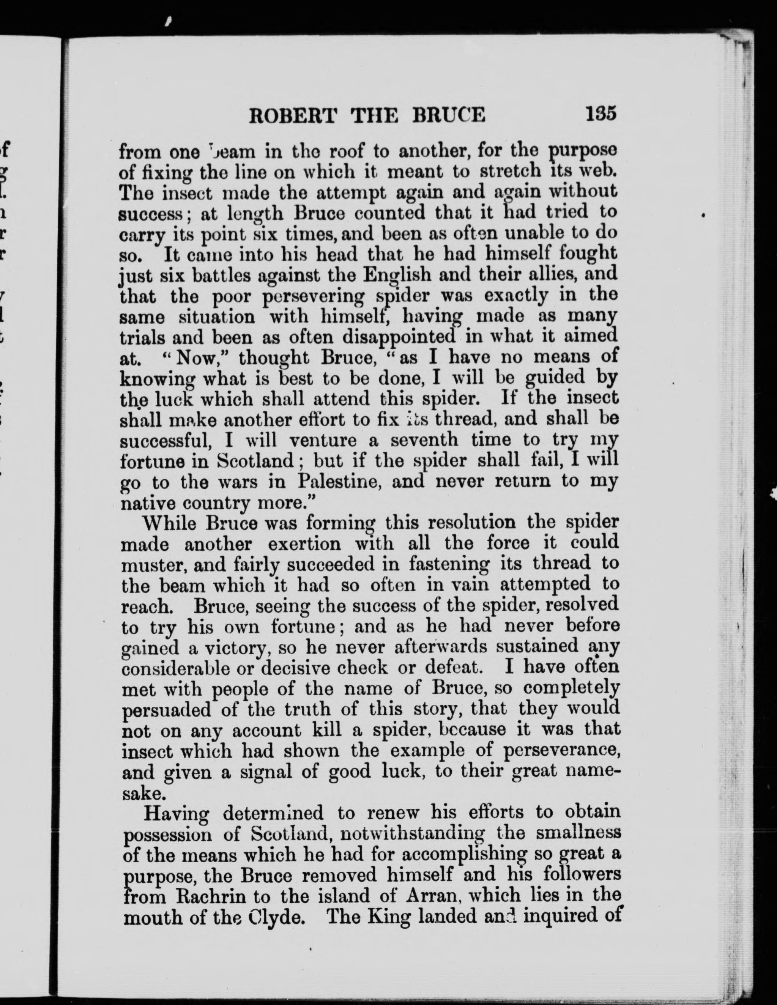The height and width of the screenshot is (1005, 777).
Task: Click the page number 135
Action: (601, 113)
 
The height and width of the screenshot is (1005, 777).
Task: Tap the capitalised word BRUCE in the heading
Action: (448, 115)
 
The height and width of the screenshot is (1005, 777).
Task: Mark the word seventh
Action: (424, 440)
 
